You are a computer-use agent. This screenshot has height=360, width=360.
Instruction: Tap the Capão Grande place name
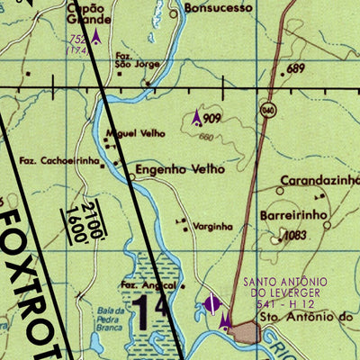coord(89,13)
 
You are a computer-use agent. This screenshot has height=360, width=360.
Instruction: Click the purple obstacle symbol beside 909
coord(197,116)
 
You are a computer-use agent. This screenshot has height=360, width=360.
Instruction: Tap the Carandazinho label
coord(319,180)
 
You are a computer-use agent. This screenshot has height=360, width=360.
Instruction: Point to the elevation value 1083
coord(295,236)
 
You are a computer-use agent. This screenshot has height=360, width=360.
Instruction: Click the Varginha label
coord(213,226)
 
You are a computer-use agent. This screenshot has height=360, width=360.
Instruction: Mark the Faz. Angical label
coord(147,286)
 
